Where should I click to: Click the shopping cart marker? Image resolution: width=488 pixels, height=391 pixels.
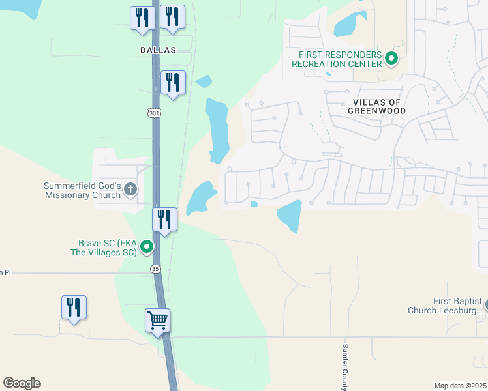coord(157,321)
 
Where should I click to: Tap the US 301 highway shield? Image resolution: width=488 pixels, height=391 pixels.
coord(153,113)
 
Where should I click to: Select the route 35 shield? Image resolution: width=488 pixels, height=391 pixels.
coord(155,268)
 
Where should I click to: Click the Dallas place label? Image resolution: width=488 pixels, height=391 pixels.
coord(158,50)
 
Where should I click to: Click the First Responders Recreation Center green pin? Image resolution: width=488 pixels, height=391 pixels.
coord(391,59)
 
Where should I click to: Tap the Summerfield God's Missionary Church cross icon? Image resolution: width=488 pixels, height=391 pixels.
coord(130,190)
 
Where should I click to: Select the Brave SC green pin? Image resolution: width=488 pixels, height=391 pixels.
coord(147,246)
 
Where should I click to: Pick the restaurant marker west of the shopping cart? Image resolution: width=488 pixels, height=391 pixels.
coord(74,308)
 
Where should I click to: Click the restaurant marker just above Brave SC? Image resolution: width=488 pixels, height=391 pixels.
coord(164,220)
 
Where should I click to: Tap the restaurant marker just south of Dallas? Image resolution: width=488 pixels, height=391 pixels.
coord(173,83)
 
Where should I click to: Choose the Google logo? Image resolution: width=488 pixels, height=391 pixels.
coord(22,383)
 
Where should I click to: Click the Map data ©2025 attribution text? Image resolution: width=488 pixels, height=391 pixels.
coord(461,386)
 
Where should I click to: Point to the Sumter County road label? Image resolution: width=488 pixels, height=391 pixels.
coord(345,367)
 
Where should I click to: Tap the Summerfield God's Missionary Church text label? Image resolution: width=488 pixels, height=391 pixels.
coord(82,190)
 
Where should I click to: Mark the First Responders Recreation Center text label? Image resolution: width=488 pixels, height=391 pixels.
coord(337,59)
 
